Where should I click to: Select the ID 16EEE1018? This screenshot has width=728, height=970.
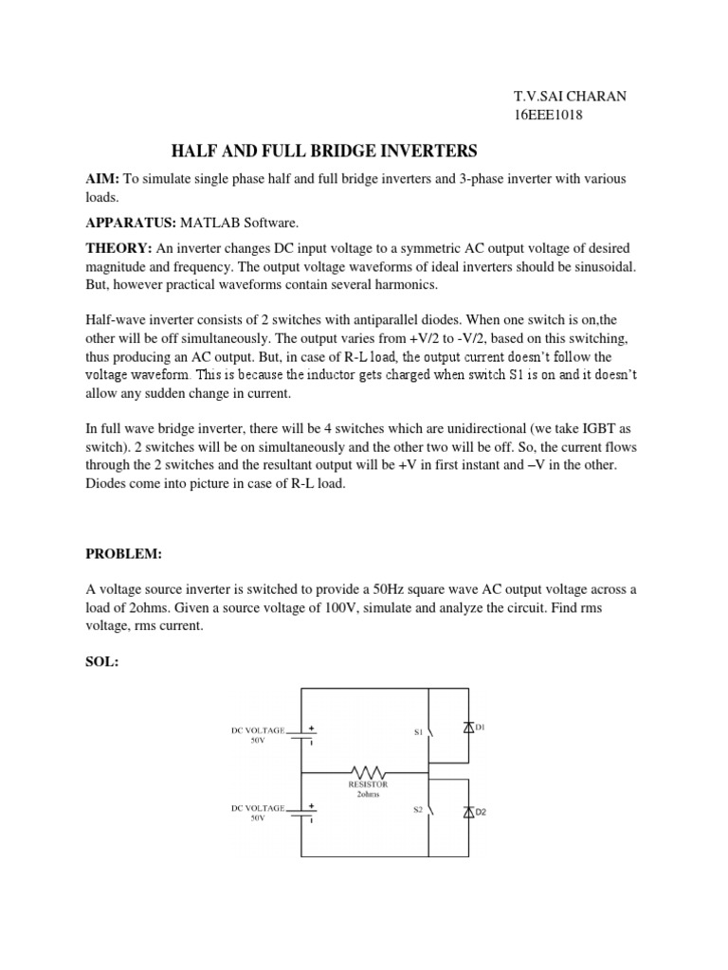tap(547, 116)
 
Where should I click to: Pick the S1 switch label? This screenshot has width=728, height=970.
tap(417, 731)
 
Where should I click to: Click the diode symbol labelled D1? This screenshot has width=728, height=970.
tap(467, 728)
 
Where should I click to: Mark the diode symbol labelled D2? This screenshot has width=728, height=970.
tap(467, 812)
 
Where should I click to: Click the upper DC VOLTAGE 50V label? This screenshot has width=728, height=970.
tap(258, 736)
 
